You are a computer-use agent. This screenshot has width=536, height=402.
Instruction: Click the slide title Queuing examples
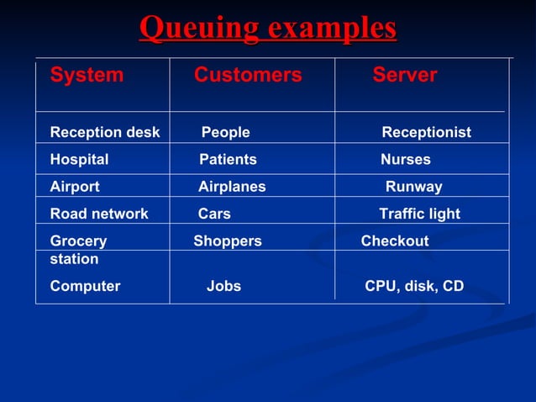[268, 28]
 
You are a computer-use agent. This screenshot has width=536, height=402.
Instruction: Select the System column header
[87, 75]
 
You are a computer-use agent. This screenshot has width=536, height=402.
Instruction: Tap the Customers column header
[248, 75]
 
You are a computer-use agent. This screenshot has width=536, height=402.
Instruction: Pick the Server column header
[405, 75]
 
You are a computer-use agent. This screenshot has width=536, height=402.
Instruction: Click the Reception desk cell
[105, 132]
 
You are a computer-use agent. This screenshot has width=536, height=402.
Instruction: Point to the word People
[225, 132]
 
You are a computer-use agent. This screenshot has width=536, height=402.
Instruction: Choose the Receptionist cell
[426, 132]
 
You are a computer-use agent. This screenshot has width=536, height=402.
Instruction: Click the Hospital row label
[79, 159]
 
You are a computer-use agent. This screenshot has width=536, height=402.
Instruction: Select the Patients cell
[228, 159]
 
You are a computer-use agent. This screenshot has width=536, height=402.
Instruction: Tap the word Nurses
[405, 159]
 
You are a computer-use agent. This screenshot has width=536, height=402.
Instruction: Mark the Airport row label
[75, 187]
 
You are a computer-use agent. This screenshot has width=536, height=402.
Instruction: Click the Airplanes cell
[232, 187]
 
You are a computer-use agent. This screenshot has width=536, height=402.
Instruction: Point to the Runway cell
[413, 187]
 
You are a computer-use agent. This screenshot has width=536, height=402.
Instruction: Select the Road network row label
[99, 214]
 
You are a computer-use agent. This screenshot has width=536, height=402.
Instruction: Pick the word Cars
[214, 214]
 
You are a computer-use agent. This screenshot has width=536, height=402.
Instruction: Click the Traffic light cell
[419, 214]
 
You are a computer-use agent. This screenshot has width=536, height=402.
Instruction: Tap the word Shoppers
[228, 241]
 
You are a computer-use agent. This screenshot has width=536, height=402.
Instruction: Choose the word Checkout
[395, 241]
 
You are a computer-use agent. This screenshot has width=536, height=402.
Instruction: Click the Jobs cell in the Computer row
[223, 286]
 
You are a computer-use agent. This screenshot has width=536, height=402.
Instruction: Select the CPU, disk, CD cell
[414, 286]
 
